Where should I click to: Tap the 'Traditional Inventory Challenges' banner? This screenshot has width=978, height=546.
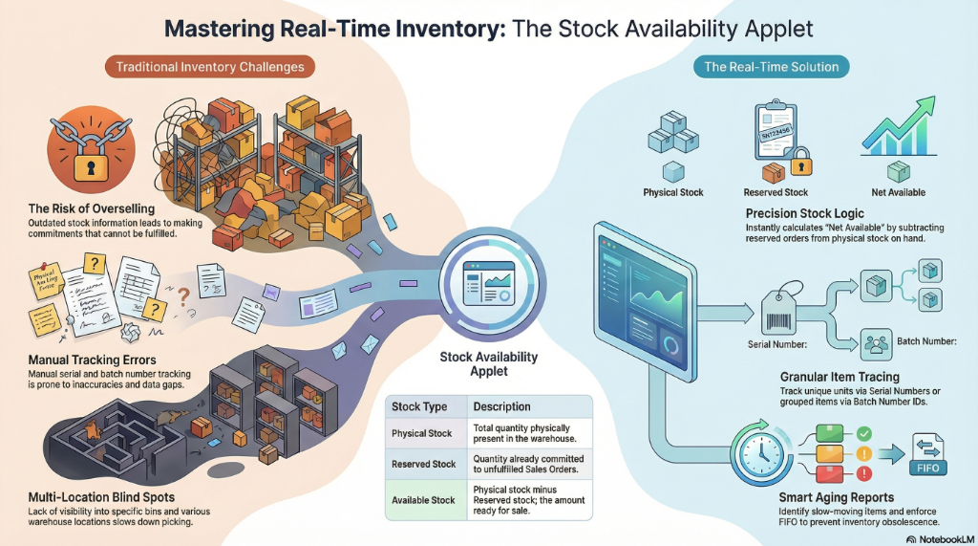click(x=210, y=68)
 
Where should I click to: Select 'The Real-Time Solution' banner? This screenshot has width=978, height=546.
click(x=771, y=67)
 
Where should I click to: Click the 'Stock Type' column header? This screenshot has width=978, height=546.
click(x=420, y=406)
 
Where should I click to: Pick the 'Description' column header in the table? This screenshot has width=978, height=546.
click(x=502, y=406)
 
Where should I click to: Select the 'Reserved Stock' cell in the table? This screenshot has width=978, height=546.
click(x=424, y=464)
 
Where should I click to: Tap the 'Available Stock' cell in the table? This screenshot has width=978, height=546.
click(x=424, y=500)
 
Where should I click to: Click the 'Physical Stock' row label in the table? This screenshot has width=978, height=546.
click(x=422, y=433)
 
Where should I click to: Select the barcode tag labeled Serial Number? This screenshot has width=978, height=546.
click(x=776, y=311)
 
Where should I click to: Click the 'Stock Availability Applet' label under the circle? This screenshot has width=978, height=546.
click(x=488, y=363)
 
